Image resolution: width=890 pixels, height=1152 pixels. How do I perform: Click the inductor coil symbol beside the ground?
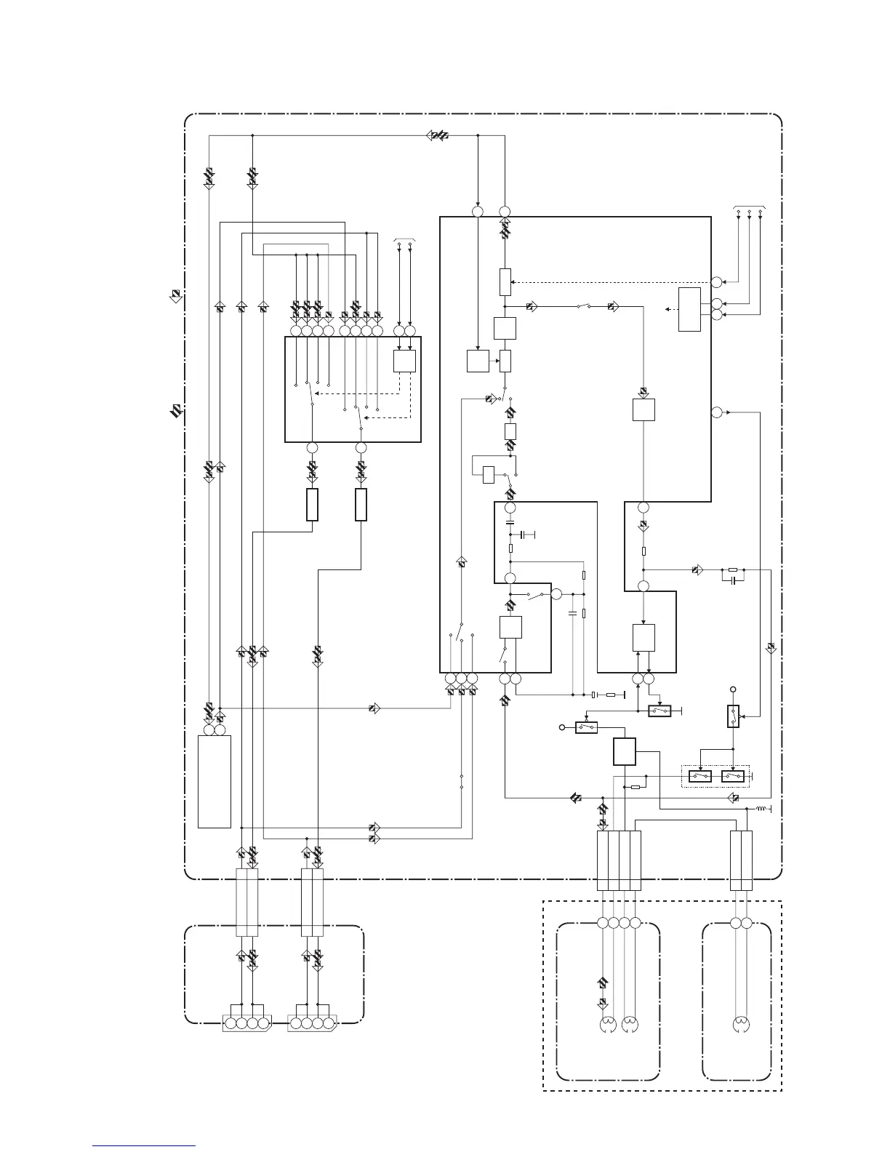(761, 809)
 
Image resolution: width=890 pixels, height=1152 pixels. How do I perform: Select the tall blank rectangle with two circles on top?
(215, 781)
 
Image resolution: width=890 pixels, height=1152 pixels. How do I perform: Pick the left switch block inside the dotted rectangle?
(700, 777)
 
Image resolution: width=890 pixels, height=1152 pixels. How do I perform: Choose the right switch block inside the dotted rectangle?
(733, 777)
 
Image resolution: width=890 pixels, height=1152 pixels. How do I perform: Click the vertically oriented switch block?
(733, 716)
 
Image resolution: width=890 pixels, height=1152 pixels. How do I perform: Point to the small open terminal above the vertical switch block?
(733, 689)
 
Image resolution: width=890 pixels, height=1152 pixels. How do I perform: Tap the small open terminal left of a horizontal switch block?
(561, 727)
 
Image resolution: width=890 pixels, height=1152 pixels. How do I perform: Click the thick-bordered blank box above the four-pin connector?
(625, 751)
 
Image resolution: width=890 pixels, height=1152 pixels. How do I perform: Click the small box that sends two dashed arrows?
(404, 361)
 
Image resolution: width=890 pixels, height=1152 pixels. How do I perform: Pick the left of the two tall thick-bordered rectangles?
(312, 505)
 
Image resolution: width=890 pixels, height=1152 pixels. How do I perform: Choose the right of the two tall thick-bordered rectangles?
(361, 505)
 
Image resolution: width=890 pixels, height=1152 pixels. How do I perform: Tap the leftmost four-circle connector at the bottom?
(247, 1023)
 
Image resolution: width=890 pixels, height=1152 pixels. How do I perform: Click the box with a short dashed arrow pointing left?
(689, 309)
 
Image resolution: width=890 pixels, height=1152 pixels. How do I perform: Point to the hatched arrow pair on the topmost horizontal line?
(439, 135)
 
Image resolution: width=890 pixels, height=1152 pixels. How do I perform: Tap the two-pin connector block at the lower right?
(741, 861)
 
